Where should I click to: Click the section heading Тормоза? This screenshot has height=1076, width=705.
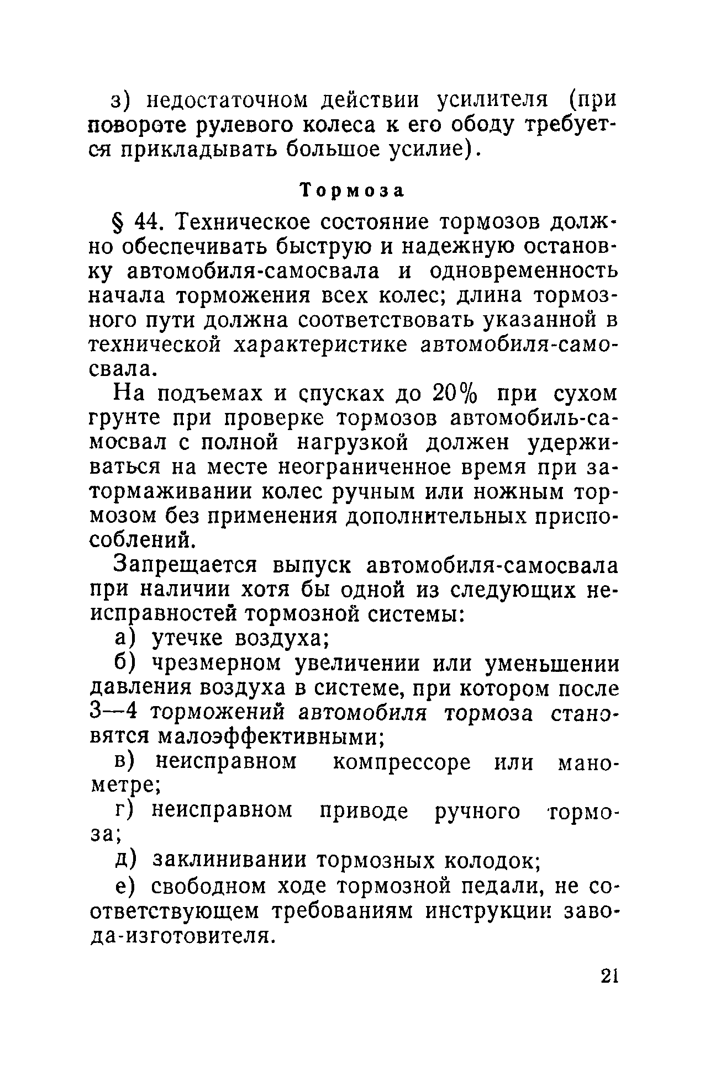352,190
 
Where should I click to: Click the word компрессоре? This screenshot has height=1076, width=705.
402,763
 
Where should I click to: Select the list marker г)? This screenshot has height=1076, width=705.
125,811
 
